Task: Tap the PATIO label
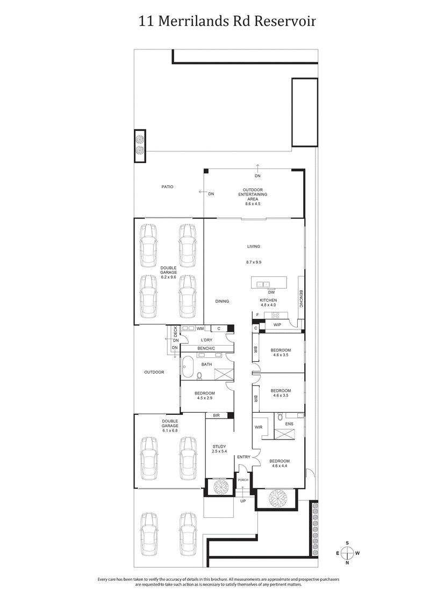click(167, 187)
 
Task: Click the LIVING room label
click(253, 246)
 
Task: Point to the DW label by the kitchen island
click(264, 292)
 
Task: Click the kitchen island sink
click(263, 283)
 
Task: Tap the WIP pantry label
click(277, 325)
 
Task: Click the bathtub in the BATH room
click(188, 368)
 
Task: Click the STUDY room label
click(219, 447)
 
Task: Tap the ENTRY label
click(243, 457)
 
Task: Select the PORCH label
click(243, 480)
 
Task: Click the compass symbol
click(348, 553)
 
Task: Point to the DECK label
click(175, 332)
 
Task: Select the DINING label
click(222, 301)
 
